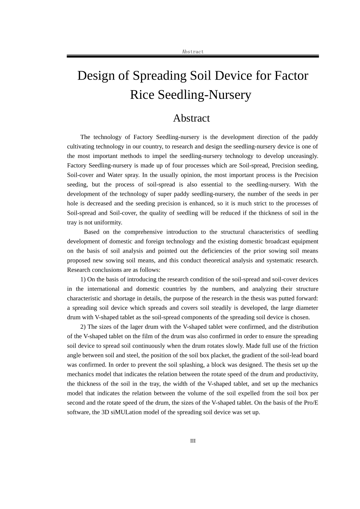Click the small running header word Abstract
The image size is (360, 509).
pos(193,52)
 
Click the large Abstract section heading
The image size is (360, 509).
pos(191,118)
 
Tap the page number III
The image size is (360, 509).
pos(193,441)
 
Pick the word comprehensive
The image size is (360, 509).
pos(144,232)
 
